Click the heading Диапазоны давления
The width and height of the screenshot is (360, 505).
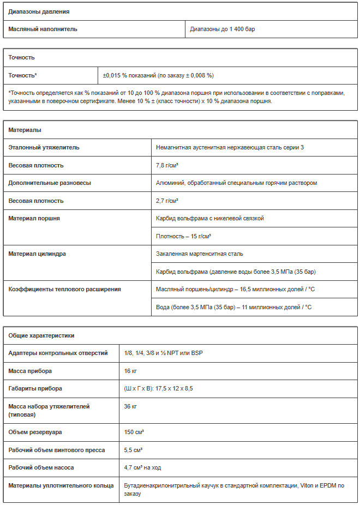pyautogui.click(x=39, y=11)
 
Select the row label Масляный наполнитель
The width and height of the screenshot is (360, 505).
pyautogui.click(x=43, y=29)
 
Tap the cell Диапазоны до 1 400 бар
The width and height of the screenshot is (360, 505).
pyautogui.click(x=223, y=29)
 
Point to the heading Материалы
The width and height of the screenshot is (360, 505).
pyautogui.click(x=25, y=130)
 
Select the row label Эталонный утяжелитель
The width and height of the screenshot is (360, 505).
pyautogui.click(x=44, y=147)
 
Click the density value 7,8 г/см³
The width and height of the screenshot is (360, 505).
pyautogui.click(x=167, y=165)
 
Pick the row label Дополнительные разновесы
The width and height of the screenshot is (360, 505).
pyautogui.click(x=50, y=183)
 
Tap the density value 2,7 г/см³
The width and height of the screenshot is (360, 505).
pyautogui.click(x=167, y=201)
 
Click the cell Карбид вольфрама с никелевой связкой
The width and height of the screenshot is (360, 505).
pyautogui.click(x=210, y=218)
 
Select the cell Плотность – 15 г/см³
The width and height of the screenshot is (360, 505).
pyautogui.click(x=184, y=236)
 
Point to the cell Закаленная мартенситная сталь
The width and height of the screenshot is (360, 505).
pyautogui.click(x=200, y=254)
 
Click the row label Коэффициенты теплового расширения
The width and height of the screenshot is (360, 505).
pyautogui.click(x=65, y=289)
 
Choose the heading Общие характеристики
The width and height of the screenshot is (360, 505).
pyautogui.click(x=41, y=335)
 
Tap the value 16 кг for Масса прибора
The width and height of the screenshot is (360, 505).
pyautogui.click(x=130, y=371)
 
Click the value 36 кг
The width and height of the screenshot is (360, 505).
pyautogui.click(x=130, y=406)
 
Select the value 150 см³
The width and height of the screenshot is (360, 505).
pyautogui.click(x=134, y=432)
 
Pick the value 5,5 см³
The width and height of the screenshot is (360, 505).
pyautogui.click(x=134, y=450)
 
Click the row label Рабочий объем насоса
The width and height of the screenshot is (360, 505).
pyautogui.click(x=41, y=467)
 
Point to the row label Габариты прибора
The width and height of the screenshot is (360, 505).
pyautogui.click(x=35, y=388)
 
